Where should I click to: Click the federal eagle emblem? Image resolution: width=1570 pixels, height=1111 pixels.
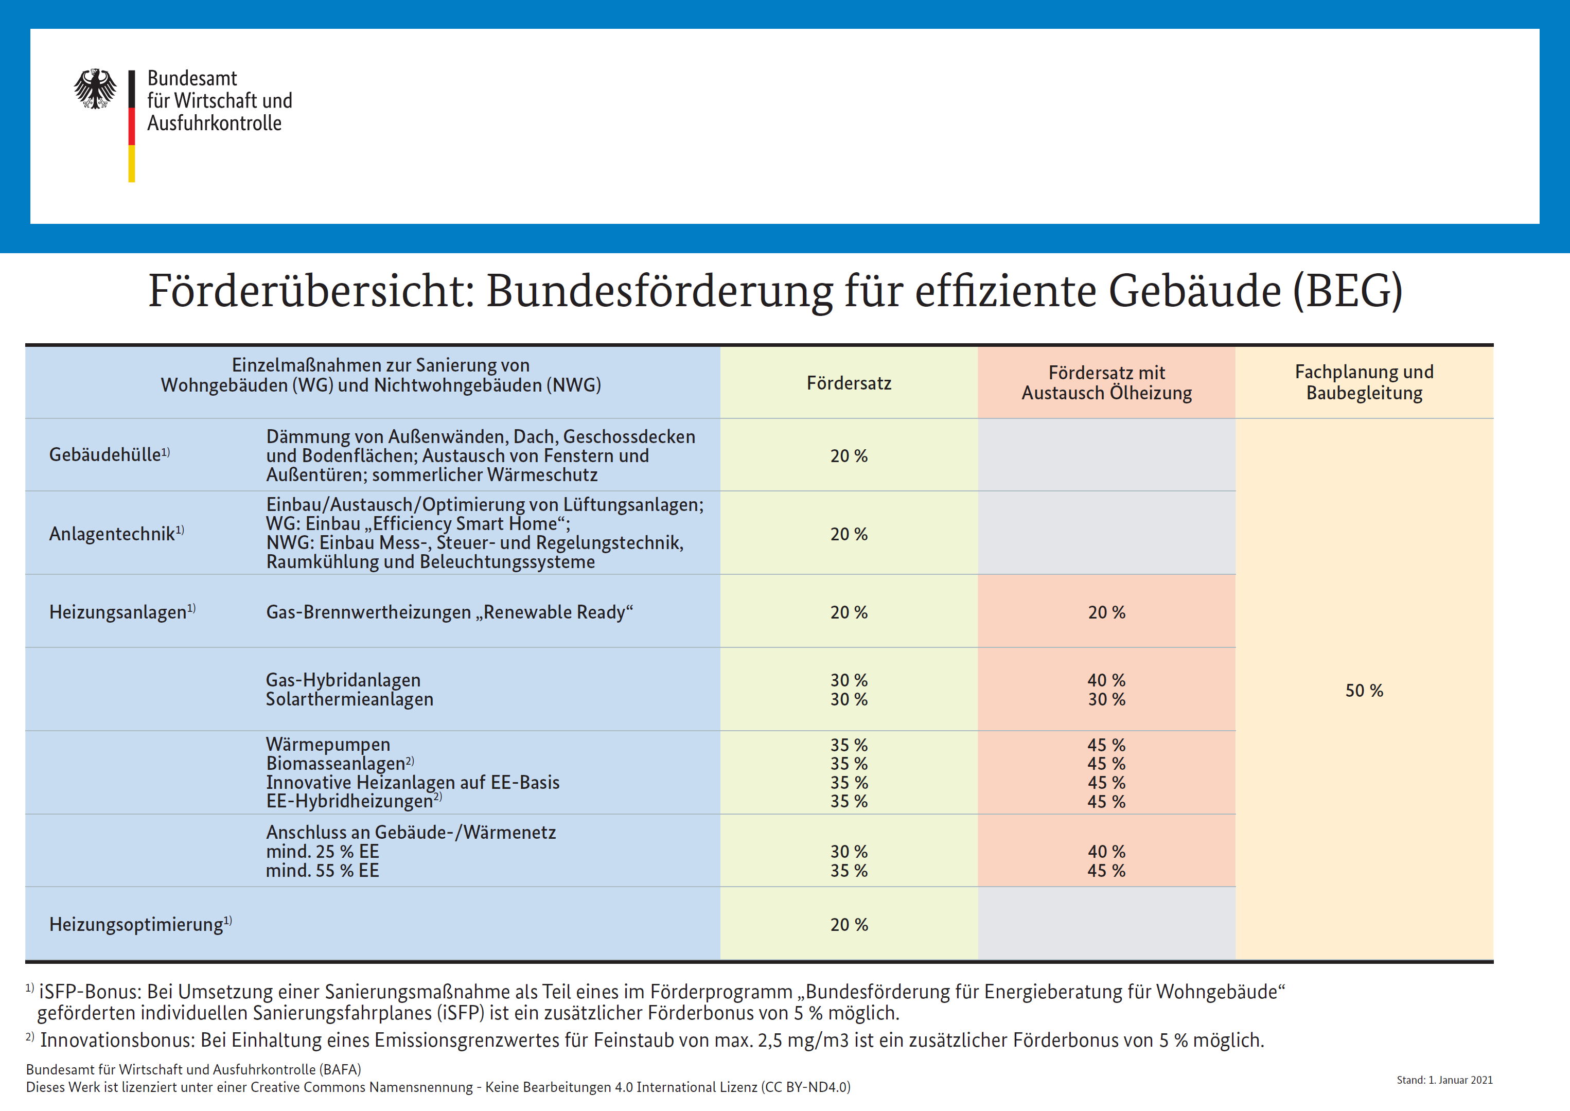[95, 88]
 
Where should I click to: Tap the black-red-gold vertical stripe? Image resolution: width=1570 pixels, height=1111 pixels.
[131, 126]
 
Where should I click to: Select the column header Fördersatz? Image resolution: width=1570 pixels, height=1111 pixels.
[849, 383]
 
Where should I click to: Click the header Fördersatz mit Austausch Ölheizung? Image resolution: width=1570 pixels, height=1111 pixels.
[1107, 383]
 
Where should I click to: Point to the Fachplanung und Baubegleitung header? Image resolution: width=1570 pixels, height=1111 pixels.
[1364, 382]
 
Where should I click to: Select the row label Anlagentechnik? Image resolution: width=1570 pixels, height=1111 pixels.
[116, 533]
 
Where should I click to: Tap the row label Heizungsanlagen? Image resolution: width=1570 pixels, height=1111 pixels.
[122, 612]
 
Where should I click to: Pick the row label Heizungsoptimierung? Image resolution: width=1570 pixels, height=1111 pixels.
[140, 924]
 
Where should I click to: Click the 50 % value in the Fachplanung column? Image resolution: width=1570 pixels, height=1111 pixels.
[1364, 691]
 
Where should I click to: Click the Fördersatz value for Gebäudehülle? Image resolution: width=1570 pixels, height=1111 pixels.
[849, 456]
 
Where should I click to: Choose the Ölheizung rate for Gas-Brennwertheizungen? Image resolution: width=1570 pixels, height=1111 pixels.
[1107, 612]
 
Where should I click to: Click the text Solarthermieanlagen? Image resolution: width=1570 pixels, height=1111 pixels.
[349, 699]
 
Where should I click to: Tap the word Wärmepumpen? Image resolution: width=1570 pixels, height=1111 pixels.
[328, 744]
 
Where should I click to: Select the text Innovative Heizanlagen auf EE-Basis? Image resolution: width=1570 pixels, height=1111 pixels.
[413, 782]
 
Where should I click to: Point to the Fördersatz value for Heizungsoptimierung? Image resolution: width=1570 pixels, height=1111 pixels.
[849, 925]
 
